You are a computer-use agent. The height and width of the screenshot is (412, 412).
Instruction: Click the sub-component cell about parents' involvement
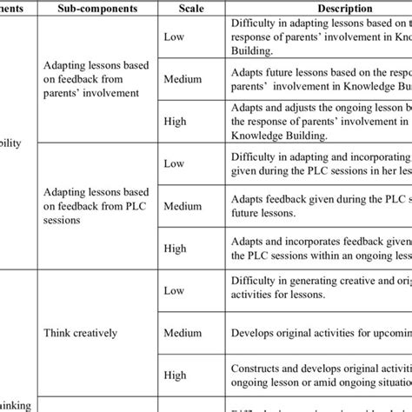click(94, 81)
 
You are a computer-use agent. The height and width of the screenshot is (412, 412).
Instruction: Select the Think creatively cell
click(94, 331)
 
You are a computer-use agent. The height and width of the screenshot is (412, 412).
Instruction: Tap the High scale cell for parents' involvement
click(176, 123)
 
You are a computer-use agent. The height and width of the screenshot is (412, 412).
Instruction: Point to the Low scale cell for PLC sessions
click(175, 163)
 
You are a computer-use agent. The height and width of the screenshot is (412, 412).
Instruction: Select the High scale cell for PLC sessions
click(176, 249)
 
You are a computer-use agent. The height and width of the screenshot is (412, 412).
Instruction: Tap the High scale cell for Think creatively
click(176, 375)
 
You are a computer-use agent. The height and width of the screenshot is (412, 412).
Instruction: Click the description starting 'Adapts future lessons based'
click(317, 81)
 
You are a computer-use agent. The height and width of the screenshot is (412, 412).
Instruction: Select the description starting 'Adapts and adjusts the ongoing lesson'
click(317, 123)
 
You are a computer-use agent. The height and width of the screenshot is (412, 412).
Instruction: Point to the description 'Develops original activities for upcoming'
click(317, 331)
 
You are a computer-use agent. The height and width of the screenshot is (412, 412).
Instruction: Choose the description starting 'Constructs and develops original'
click(317, 375)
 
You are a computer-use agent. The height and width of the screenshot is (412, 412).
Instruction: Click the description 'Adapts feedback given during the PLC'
click(317, 206)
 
